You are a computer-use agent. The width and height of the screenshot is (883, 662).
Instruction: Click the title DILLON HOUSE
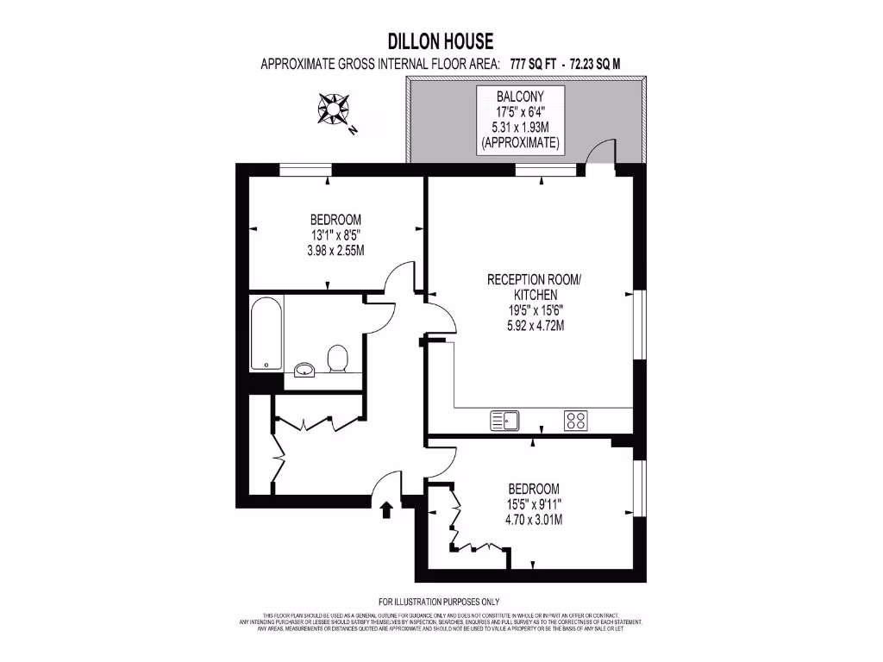tap(441, 41)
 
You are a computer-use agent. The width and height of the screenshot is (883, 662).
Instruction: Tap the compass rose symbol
tap(334, 109)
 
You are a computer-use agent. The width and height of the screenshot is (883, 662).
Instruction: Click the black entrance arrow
tap(386, 510)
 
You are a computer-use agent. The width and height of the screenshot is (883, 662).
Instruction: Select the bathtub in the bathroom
tap(266, 334)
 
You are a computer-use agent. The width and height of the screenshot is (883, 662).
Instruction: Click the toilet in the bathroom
tap(337, 359)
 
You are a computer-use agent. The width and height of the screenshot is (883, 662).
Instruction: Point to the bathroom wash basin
tap(304, 370)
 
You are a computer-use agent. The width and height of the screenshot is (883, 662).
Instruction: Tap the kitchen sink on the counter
tap(505, 421)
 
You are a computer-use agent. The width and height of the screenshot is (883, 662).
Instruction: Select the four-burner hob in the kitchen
tap(576, 421)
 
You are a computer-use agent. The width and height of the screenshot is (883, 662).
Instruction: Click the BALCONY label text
tap(521, 97)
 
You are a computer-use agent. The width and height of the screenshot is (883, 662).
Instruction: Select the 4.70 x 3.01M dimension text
tap(534, 519)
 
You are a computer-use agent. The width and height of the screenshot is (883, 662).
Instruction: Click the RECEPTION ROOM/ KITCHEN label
tap(535, 287)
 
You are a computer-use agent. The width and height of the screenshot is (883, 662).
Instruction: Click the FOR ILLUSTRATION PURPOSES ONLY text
tap(439, 602)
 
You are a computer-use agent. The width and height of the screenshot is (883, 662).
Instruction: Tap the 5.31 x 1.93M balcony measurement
tap(521, 127)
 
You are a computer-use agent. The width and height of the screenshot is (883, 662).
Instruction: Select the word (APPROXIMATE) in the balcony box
tap(521, 141)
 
